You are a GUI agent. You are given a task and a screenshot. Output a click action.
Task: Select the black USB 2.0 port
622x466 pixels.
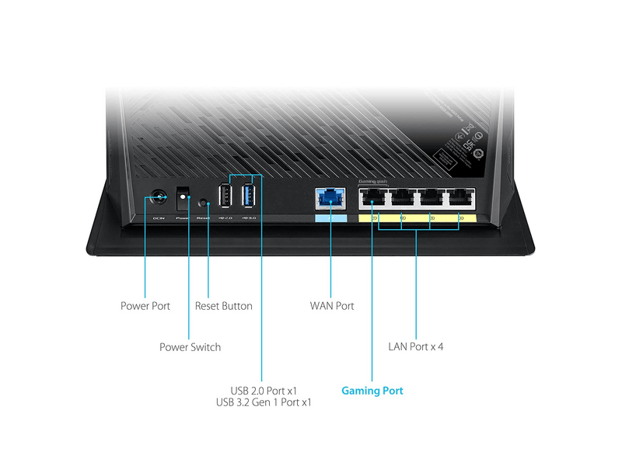pos(224,195)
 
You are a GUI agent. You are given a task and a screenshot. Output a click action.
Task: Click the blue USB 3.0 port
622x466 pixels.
pos(249,195)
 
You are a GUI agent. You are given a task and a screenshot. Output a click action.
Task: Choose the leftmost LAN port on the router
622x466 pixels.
pos(372,199)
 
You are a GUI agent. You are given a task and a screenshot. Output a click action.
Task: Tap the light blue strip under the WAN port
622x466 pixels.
pos(330,218)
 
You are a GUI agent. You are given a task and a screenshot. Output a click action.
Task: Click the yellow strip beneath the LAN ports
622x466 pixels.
pos(416,218)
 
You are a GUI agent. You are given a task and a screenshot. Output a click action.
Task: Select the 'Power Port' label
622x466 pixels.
pos(145,306)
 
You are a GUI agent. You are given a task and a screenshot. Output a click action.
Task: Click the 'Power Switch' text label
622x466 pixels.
pos(190,347)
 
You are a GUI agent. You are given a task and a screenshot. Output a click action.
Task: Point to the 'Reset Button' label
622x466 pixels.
pos(224,306)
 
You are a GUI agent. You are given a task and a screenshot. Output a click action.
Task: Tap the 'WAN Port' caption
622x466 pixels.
pos(332,306)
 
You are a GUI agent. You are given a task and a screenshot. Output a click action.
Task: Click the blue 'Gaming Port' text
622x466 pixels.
pos(372,391)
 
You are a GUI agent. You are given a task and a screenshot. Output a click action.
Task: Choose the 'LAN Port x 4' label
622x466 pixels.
pos(416,346)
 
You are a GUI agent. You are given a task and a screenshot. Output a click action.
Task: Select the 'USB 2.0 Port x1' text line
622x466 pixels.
pos(263,391)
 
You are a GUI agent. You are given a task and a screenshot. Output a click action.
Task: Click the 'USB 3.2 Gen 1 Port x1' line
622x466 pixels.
pos(263,403)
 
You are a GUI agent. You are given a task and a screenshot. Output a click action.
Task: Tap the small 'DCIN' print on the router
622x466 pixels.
pos(159,219)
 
